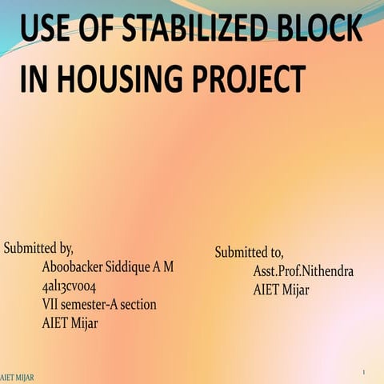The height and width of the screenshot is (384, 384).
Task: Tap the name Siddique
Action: pyautogui.click(x=132, y=266)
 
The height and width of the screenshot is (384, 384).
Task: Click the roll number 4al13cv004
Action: pyautogui.click(x=69, y=286)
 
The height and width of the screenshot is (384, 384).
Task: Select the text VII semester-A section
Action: pyautogui.click(x=98, y=304)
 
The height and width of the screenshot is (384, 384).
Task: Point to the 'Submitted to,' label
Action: pyautogui.click(x=249, y=252)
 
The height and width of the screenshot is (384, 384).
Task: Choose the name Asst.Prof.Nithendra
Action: pyautogui.click(x=303, y=271)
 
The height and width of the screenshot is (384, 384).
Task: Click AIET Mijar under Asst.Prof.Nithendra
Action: pyautogui.click(x=281, y=290)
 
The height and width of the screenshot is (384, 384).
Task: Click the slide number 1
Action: pyautogui.click(x=363, y=373)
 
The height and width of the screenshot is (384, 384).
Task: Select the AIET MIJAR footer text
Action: pyautogui.click(x=17, y=377)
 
